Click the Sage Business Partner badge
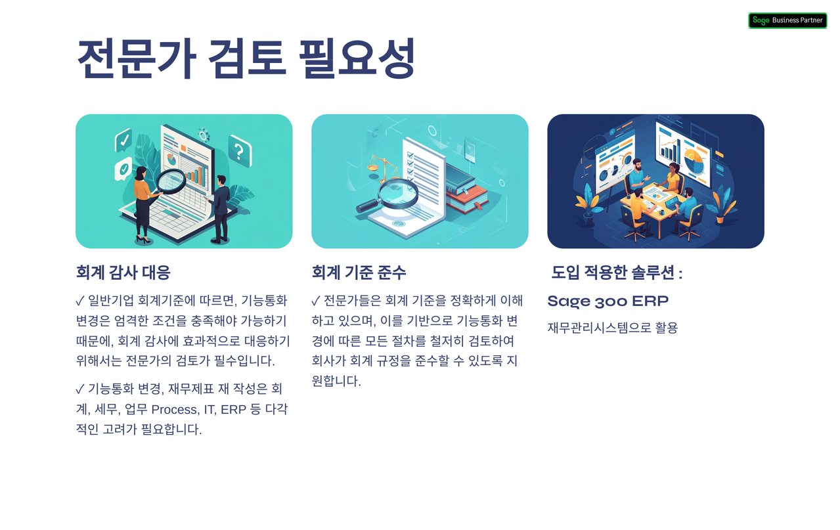point(787,20)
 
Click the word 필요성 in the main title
point(357,58)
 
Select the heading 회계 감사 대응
point(123,272)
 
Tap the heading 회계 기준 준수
point(359,272)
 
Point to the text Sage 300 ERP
point(608,301)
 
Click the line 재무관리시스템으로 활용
point(612,327)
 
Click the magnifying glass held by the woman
point(172,181)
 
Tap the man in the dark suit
point(221,207)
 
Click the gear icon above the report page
point(204,135)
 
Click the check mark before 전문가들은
point(316,301)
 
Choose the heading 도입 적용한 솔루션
point(616,273)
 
